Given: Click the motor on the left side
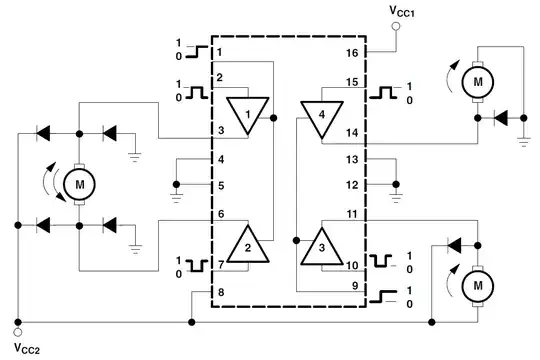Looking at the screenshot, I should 77,183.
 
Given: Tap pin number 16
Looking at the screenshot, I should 351,51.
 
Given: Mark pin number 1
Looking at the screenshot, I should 217,51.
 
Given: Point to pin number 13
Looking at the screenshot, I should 351,159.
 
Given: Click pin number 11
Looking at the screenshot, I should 351,213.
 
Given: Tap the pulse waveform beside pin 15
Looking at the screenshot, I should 384,94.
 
